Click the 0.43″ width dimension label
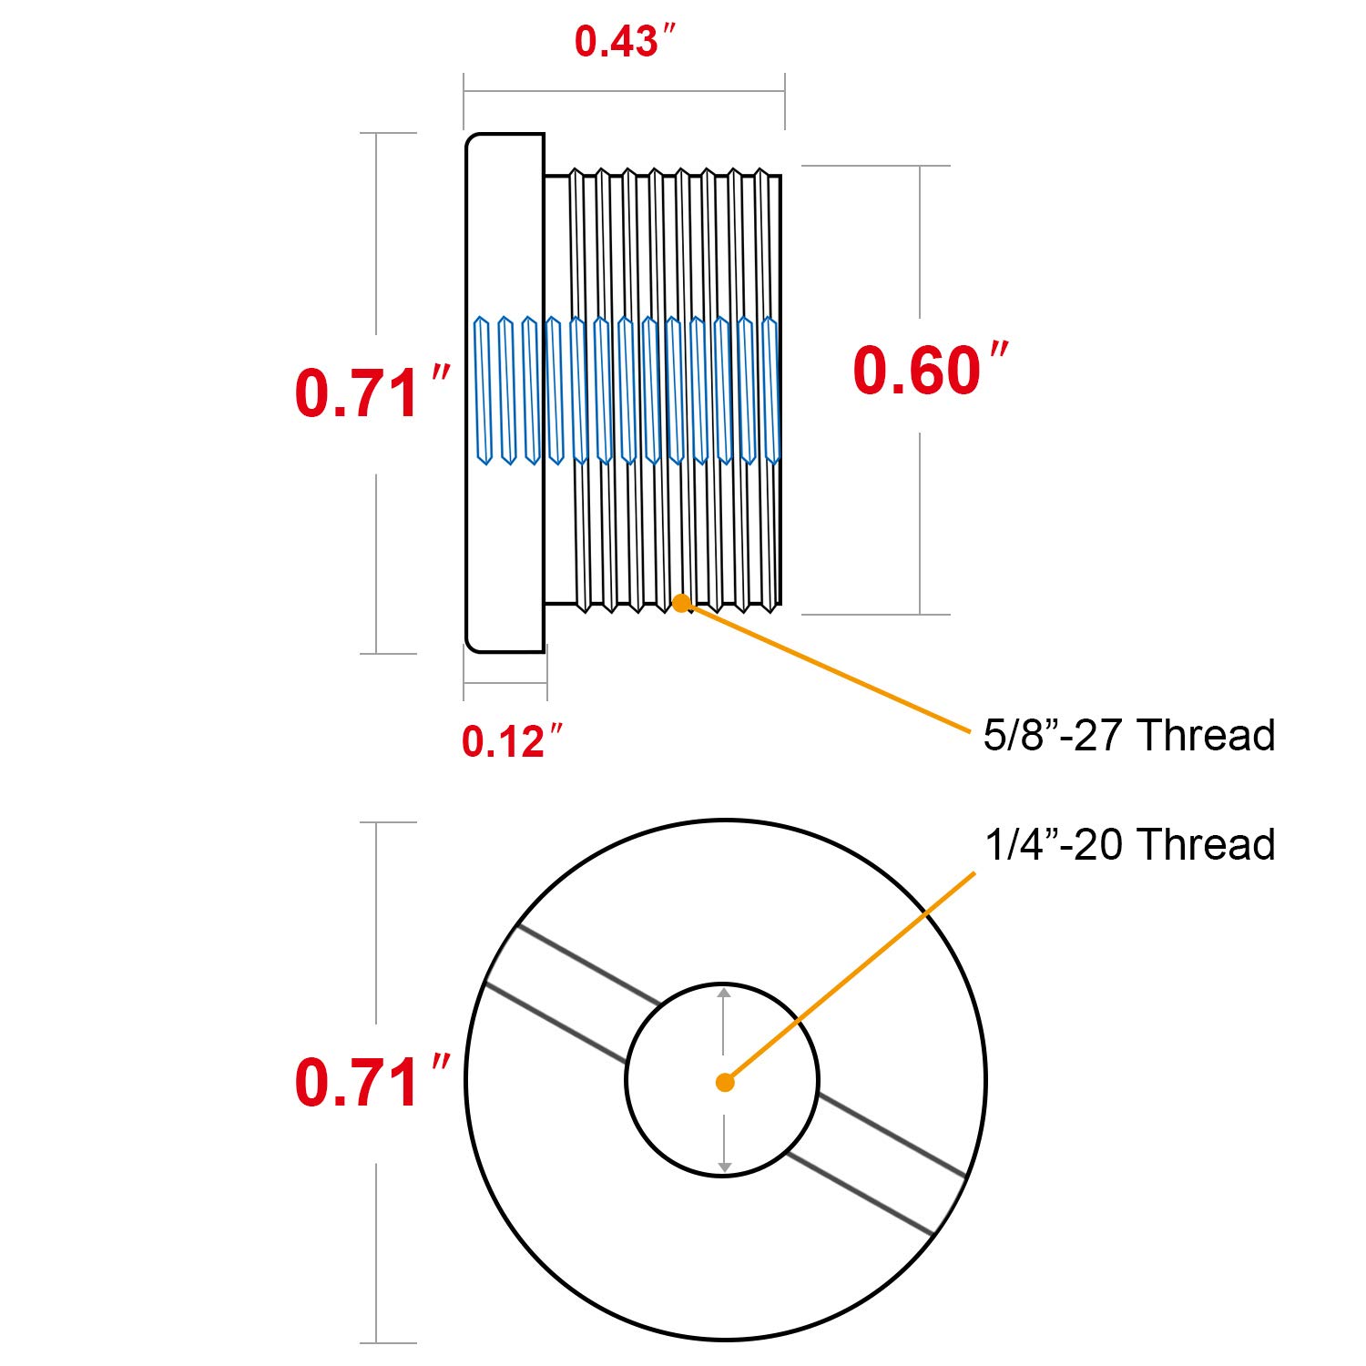(627, 41)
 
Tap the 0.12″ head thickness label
(513, 740)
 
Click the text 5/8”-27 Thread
(1129, 735)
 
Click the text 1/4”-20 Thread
(1129, 844)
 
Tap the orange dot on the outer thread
(681, 603)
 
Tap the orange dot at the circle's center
(725, 1083)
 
